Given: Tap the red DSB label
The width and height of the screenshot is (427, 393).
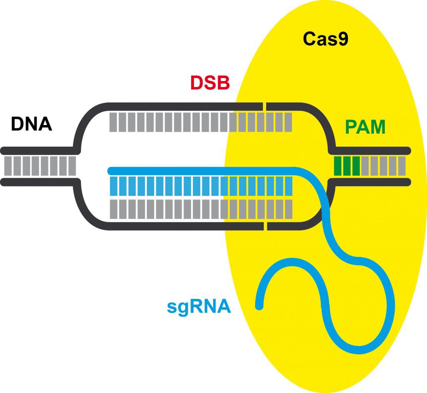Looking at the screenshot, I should point(210,83).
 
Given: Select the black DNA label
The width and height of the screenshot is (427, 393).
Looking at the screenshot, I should point(31,124).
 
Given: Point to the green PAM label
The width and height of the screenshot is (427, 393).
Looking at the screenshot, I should point(365,128).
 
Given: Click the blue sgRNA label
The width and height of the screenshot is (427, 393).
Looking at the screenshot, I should point(199,307).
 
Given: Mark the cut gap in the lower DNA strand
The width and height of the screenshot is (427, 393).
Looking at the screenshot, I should point(265,225).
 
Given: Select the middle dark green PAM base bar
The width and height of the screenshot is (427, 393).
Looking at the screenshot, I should point(347,166).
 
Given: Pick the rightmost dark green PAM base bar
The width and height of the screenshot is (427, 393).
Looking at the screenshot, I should point(356,166).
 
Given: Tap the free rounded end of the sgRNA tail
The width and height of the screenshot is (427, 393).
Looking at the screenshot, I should point(259,307).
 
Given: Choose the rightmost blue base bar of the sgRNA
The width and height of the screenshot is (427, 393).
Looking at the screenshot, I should point(287,186).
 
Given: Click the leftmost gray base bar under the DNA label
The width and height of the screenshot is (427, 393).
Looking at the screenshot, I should point(7,166).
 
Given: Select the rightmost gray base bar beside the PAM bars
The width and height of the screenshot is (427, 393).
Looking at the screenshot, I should point(401,166).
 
